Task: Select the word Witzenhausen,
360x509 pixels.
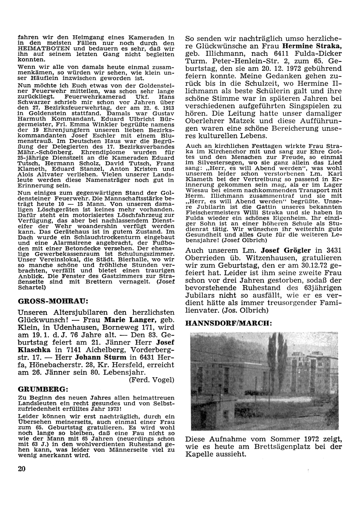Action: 256,259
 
